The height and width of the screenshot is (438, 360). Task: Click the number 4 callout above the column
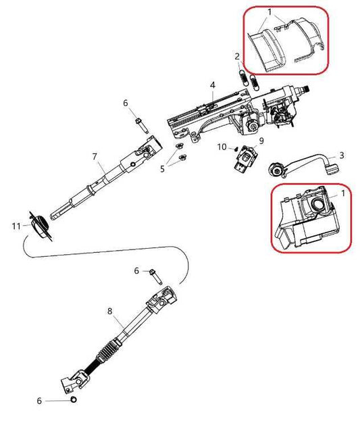(212, 85)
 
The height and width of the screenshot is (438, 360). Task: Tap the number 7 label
(95, 156)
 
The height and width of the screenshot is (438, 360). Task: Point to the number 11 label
(16, 226)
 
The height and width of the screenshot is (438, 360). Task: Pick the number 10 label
(222, 147)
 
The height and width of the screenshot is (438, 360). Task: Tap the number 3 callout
(341, 155)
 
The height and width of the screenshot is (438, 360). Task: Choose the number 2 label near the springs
(237, 55)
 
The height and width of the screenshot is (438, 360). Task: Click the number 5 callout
(161, 168)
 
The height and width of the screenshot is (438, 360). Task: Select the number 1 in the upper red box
(269, 12)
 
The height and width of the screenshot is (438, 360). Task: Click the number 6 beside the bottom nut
(39, 401)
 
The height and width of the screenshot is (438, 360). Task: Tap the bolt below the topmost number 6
(138, 124)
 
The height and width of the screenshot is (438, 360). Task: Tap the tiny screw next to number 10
(234, 149)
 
